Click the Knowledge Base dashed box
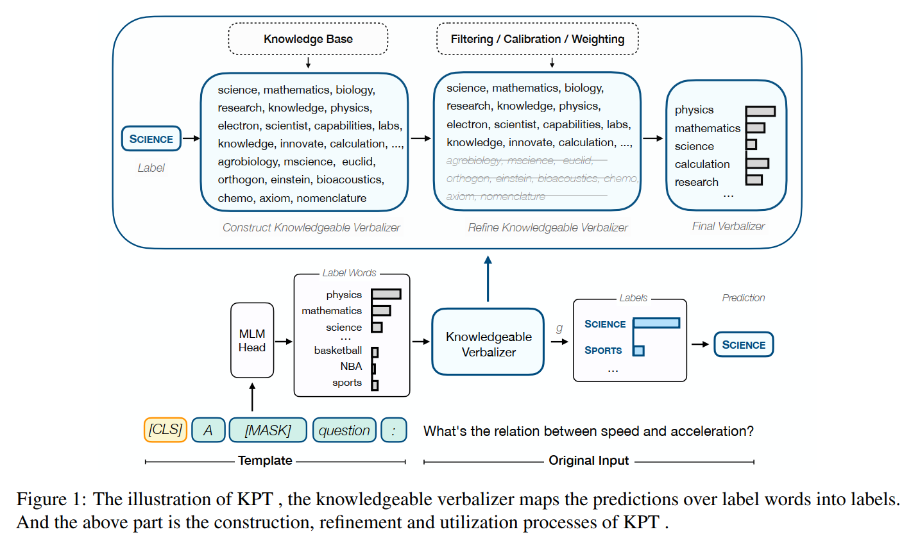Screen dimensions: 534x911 click(308, 39)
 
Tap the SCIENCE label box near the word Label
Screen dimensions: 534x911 click(151, 138)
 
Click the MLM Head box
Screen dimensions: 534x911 click(251, 340)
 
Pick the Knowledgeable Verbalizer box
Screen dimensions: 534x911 click(488, 344)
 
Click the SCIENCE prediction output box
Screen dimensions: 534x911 click(744, 344)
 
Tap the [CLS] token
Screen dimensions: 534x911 click(165, 430)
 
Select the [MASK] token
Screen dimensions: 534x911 click(268, 430)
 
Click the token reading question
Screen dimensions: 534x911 click(345, 430)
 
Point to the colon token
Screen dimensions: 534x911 click(393, 430)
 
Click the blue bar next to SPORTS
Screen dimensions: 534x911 click(638, 351)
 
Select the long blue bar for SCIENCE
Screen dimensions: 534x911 click(656, 323)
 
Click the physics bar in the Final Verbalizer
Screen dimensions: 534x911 click(760, 111)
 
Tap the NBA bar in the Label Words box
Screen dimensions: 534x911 click(373, 368)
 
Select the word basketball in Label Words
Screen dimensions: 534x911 click(337, 351)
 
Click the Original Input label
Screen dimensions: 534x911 click(589, 460)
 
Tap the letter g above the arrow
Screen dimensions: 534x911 click(558, 327)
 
